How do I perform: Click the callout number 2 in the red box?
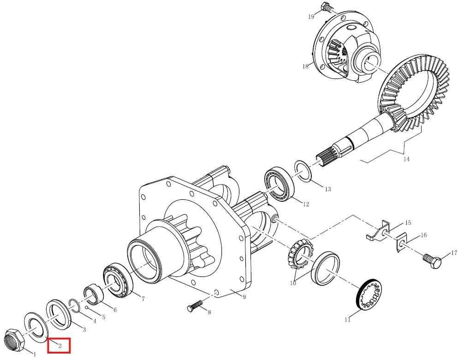[x=60, y=346]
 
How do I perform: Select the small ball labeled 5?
[x=87, y=307]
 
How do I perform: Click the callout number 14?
[x=406, y=159]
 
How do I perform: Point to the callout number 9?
[x=244, y=297]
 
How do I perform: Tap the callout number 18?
[x=305, y=66]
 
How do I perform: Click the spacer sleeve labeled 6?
[x=94, y=294]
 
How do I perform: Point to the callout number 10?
[x=293, y=283]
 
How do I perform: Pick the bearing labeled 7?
[x=118, y=281]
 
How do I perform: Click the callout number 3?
[x=84, y=330]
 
